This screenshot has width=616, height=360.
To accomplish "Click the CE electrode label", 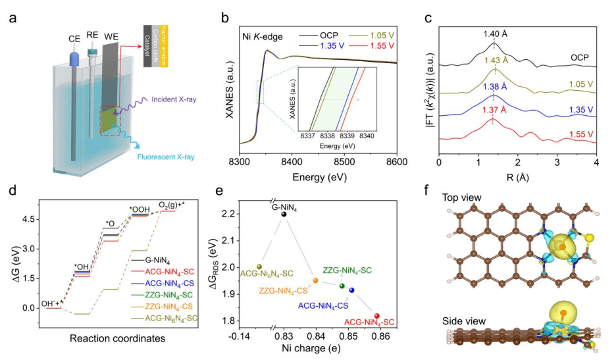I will click(x=57, y=39).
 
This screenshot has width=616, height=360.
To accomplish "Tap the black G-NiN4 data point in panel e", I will click(x=284, y=214).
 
